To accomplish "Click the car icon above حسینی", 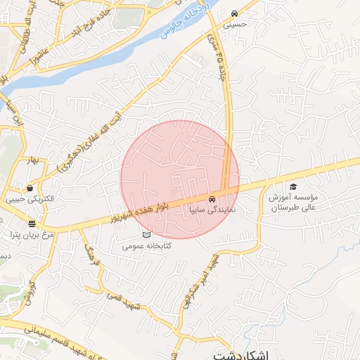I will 233,13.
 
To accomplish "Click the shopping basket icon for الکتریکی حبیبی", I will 30,188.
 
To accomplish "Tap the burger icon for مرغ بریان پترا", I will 32,224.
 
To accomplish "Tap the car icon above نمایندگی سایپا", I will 212,199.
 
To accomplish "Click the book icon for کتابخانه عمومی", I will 146,234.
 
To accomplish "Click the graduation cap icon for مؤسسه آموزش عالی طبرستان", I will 293,186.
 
